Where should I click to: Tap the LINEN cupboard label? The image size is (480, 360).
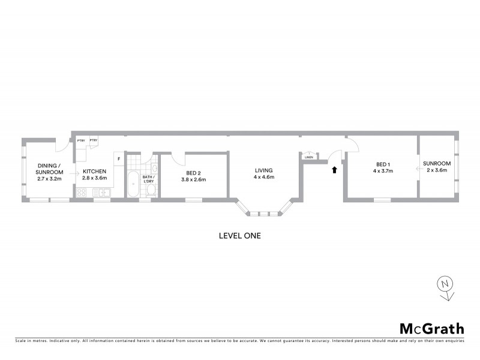coord(309,157)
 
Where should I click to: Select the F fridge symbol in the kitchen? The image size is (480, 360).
coord(119,158)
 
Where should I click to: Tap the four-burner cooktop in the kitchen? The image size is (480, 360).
coord(82,193)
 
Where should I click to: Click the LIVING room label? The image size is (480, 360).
coord(263,170)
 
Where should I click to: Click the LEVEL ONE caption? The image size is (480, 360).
coord(240,236)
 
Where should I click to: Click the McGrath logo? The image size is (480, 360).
coord(432,328)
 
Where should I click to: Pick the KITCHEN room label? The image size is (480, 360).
coord(94,172)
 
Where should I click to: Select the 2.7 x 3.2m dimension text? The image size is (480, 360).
coord(50,179)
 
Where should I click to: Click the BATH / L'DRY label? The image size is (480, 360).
coord(148,178)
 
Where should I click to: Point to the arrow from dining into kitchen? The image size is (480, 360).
coord(73,175)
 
